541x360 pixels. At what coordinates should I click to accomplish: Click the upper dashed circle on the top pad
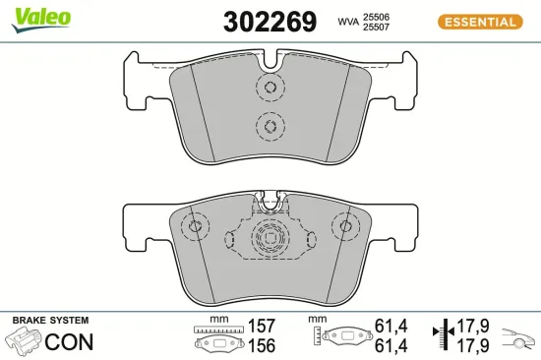269,89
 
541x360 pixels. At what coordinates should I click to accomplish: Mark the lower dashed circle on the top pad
269,125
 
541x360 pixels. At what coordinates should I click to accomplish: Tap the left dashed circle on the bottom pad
194,228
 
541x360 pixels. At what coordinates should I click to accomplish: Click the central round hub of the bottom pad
269,238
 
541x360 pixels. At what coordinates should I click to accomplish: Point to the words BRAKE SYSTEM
49,321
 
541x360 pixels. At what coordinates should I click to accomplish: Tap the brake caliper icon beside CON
23,342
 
